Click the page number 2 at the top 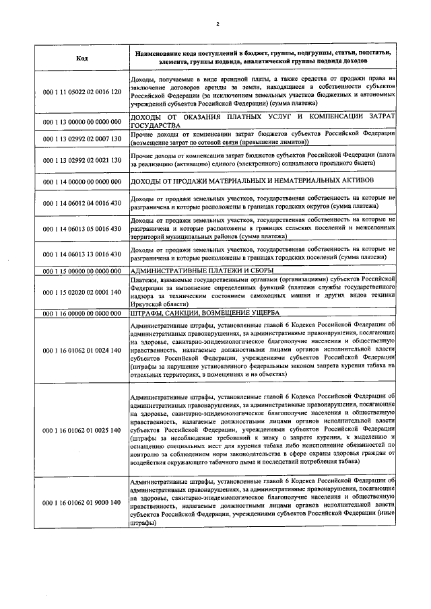pyautogui.click(x=218, y=25)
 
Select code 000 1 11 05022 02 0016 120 pyautogui.click(x=82, y=91)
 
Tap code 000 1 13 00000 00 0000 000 pyautogui.click(x=82, y=122)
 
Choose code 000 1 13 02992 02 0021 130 pyautogui.click(x=82, y=160)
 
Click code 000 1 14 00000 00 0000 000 pyautogui.click(x=82, y=182)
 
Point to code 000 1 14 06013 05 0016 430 pyautogui.click(x=82, y=229)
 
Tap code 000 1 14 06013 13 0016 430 pyautogui.click(x=82, y=254)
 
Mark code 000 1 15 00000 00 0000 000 pyautogui.click(x=82, y=271)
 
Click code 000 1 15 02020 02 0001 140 pyautogui.click(x=82, y=292)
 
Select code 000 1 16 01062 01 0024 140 pyautogui.click(x=82, y=351)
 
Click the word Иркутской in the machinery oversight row pyautogui.click(x=148, y=305)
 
